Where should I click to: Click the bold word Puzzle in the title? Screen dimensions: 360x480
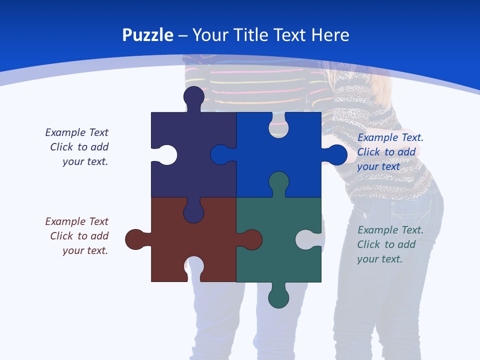point(147,35)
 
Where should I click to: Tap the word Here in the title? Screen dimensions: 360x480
point(330,35)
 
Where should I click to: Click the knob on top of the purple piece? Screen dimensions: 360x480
point(193,96)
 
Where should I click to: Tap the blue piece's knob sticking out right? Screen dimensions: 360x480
point(336,155)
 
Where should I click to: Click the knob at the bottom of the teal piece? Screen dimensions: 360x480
point(278,297)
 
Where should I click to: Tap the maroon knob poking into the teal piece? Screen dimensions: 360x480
point(251,239)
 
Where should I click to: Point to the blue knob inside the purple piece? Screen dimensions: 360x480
point(220,155)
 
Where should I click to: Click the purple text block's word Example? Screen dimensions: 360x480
point(65,132)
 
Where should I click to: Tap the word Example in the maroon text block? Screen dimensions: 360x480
point(65,221)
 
